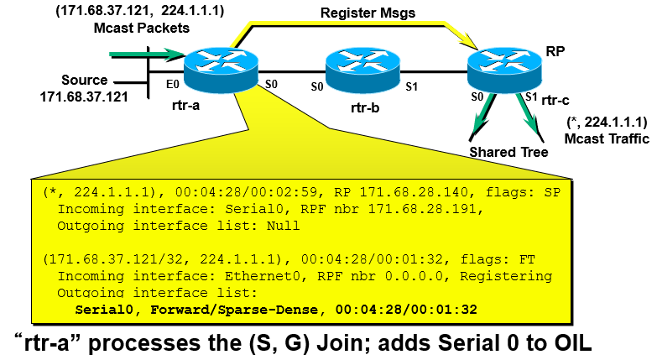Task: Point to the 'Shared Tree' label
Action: tap(508, 152)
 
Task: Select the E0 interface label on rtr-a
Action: tap(173, 85)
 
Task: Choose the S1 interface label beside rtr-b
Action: tap(412, 86)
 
